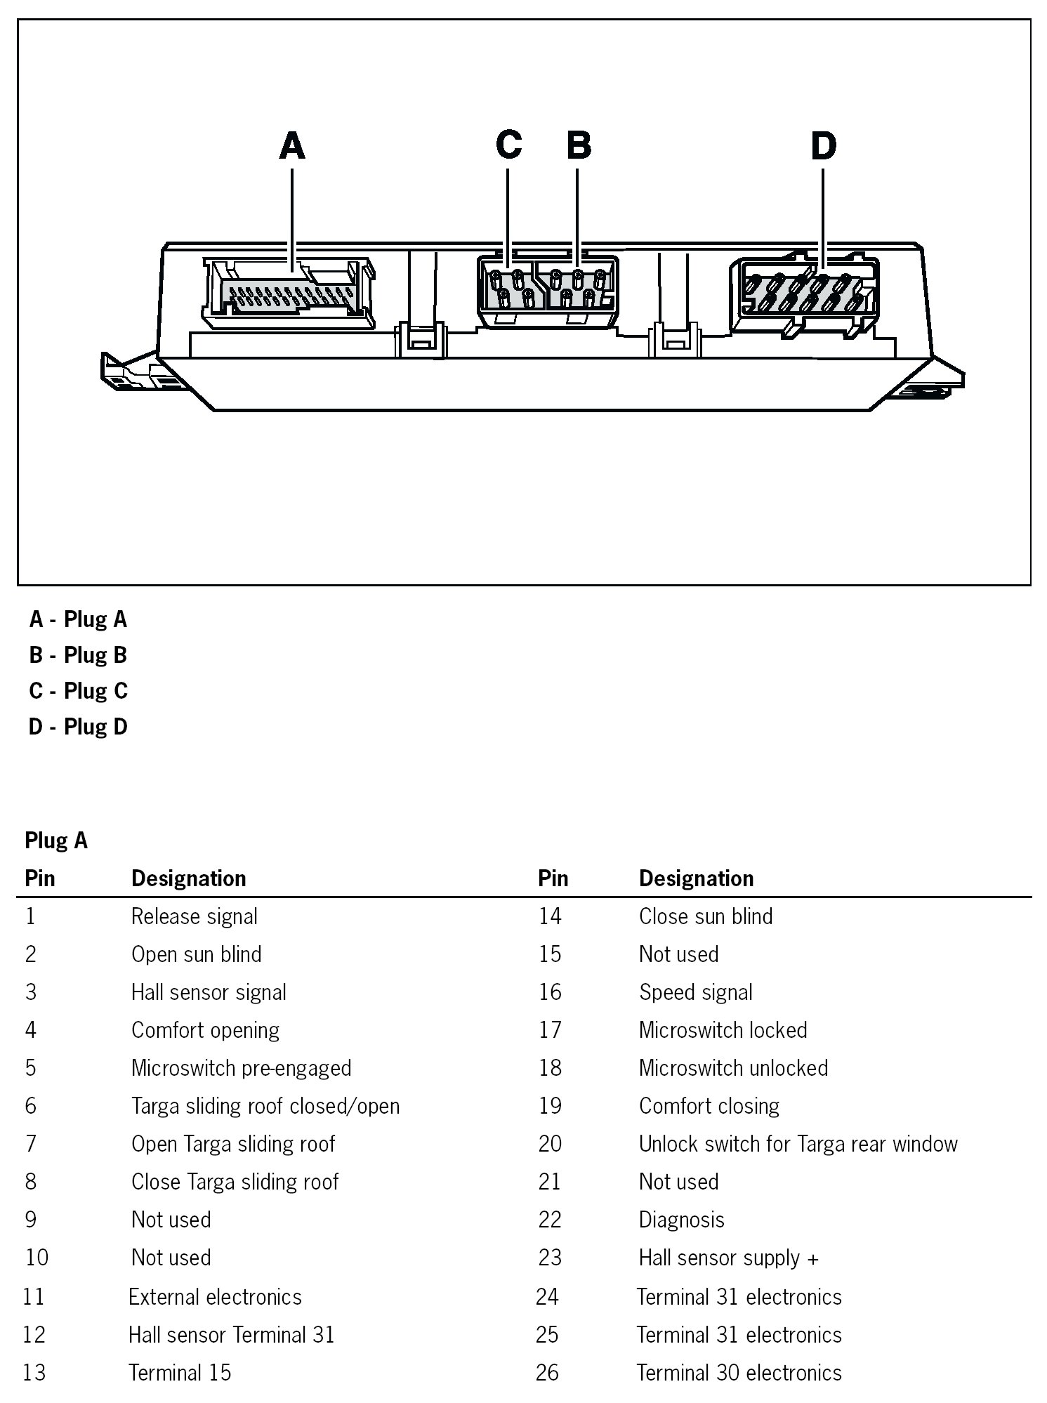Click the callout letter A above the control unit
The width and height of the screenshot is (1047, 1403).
pos(292,147)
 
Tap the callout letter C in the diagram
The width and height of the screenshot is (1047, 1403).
pos(508,145)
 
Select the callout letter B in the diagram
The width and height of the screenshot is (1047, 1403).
pos(579,145)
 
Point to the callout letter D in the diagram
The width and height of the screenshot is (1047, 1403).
pos(823,146)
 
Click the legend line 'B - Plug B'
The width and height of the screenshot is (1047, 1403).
pos(78,655)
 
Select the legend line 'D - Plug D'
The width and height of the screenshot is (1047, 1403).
pos(78,727)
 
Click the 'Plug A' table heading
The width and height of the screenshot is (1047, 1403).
pos(56,841)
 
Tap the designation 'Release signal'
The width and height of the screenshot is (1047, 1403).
pos(194,916)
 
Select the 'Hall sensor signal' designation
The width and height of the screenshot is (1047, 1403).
pos(209,992)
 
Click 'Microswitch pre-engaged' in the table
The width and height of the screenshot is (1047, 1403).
pos(241,1068)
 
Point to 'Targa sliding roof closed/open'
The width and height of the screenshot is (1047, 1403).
pos(265,1106)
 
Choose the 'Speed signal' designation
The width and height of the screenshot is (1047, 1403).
pos(695,992)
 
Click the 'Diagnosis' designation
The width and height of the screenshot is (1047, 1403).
pos(681,1220)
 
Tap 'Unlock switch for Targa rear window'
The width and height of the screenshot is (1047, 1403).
pos(798,1144)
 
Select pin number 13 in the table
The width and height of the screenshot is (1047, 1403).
pos(34,1373)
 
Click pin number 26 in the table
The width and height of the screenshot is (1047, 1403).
pos(547,1373)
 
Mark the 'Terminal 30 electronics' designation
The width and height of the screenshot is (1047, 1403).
pos(739,1373)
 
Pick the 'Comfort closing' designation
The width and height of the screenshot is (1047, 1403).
pos(709,1106)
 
